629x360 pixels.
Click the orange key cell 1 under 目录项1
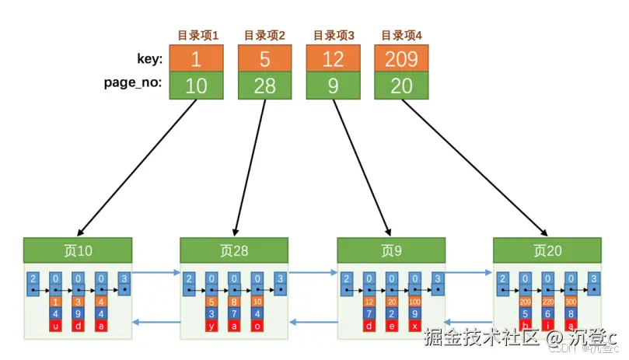tap(197, 58)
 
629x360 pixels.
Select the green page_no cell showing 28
tap(264, 86)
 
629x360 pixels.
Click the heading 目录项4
tap(401, 35)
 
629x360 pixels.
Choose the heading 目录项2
tap(264, 35)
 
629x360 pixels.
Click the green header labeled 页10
tap(78, 250)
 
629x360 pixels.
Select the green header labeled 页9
tap(391, 250)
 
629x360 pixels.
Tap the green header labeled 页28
tap(234, 250)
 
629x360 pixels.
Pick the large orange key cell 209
tap(401, 58)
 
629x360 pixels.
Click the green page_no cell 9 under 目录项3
tap(333, 86)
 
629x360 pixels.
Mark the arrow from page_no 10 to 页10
tap(137, 167)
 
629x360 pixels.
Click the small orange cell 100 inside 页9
tap(415, 302)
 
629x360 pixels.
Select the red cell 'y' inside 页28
tap(212, 326)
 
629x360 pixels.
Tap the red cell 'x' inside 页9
tap(415, 326)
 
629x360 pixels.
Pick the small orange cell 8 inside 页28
tap(235, 302)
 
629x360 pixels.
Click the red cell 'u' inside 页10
tap(55, 326)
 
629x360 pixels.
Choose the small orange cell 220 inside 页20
tap(549, 302)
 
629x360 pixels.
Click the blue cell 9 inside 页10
tap(78, 313)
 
